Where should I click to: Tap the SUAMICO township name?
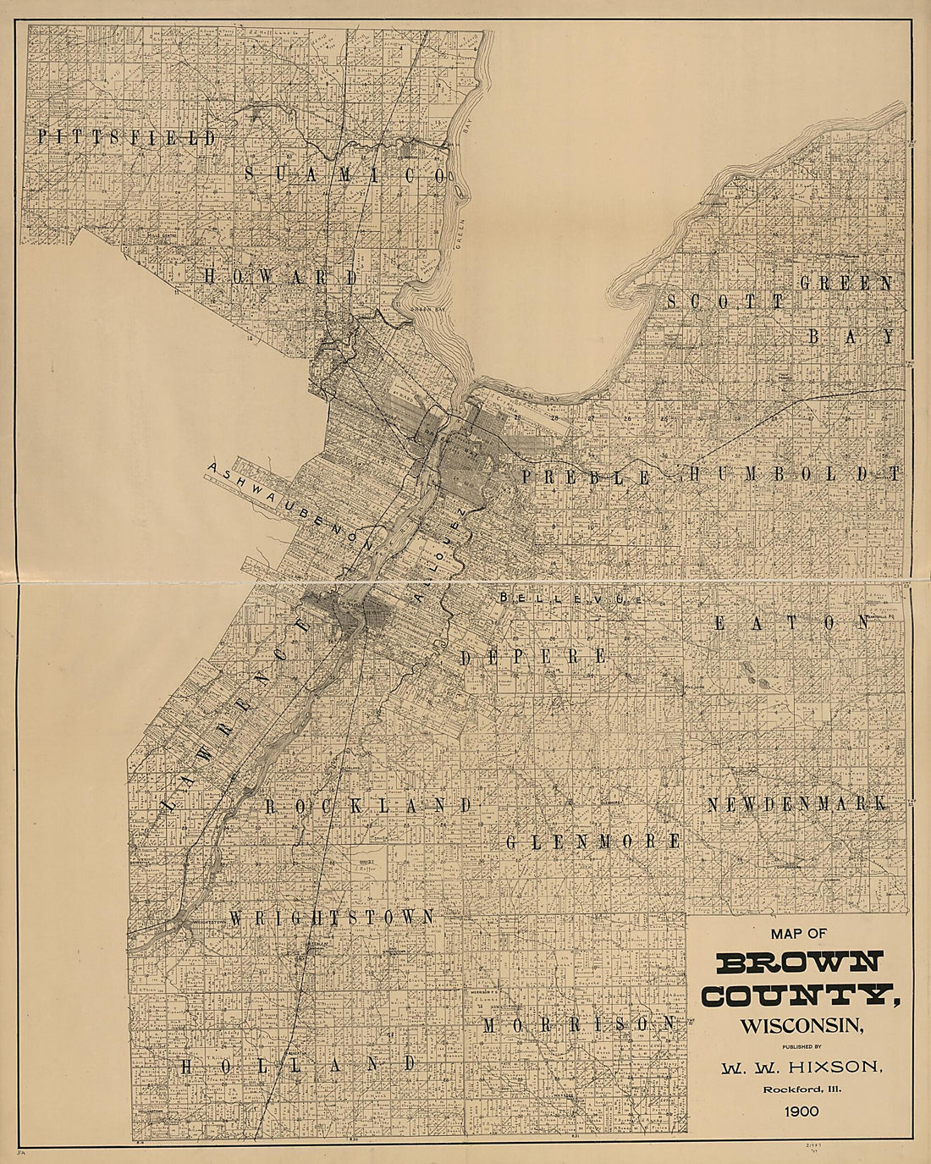point(344,174)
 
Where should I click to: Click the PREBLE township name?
point(586,477)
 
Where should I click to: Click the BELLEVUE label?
point(571,598)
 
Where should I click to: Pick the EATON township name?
point(792,622)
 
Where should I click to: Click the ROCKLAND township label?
point(368,805)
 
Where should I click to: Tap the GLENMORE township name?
point(593,841)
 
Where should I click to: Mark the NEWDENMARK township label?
point(797,804)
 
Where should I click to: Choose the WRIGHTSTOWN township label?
point(332,917)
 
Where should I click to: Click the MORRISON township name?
point(580,1024)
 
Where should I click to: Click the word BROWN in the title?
point(800,963)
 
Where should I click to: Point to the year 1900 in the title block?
point(802,1111)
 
